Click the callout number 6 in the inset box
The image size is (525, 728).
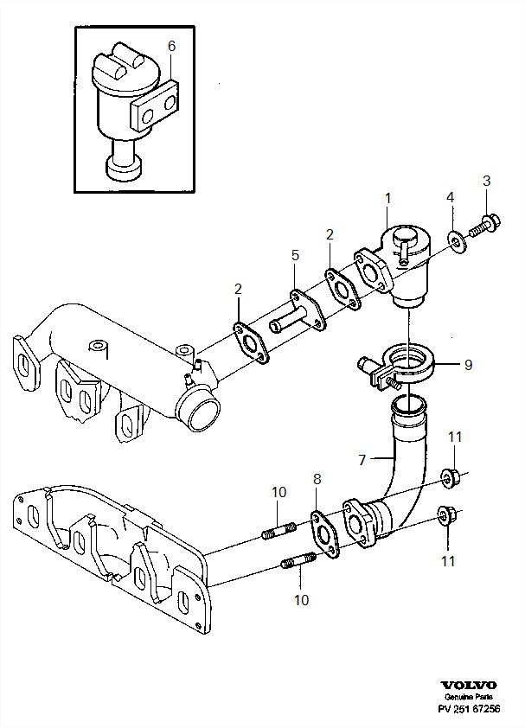point(171,47)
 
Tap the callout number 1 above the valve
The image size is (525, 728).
point(388,198)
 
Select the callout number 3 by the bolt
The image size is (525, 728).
point(486,181)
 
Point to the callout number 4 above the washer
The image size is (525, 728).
point(450,197)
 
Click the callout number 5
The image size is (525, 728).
point(295,255)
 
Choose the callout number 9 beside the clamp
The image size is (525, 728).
point(468,365)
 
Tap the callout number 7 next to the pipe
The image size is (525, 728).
point(362,460)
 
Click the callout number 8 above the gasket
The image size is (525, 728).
point(317,479)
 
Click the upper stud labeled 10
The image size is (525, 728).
point(279,530)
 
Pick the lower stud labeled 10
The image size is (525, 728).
point(298,560)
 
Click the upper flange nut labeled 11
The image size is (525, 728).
point(450,478)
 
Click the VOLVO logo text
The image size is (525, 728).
point(469,686)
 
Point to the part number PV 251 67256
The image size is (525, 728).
point(470,709)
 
